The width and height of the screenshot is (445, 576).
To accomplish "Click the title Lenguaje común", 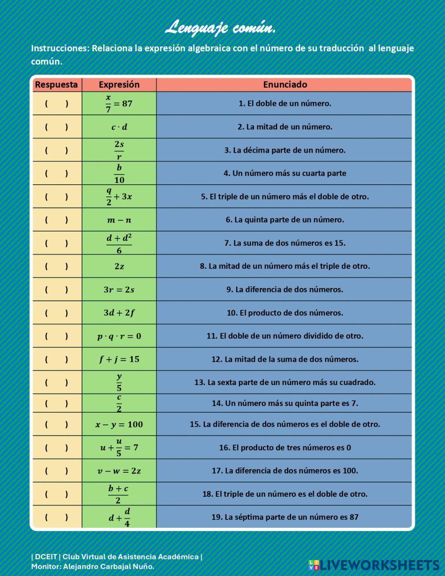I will pyautogui.click(x=221, y=28).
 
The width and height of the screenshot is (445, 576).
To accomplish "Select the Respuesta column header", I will pyautogui.click(x=56, y=85).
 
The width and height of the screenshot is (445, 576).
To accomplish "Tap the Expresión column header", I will pyautogui.click(x=119, y=85).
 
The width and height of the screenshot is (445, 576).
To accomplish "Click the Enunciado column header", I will pyautogui.click(x=285, y=85).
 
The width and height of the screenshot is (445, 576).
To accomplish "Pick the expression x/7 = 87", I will pyautogui.click(x=119, y=104).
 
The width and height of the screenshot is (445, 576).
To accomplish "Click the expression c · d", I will pyautogui.click(x=119, y=127).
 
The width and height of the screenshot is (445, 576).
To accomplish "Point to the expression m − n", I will pyautogui.click(x=119, y=220).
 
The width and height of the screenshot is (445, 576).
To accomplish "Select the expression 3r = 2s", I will pyautogui.click(x=119, y=290).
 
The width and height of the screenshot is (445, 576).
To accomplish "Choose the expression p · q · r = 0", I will pyautogui.click(x=119, y=336).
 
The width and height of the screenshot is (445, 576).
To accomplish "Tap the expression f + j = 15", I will pyautogui.click(x=119, y=359).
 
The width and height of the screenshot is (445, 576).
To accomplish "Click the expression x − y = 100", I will pyautogui.click(x=119, y=425).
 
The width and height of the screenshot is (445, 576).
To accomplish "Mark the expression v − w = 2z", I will pyautogui.click(x=119, y=471).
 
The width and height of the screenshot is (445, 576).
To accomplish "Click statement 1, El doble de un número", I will pyautogui.click(x=285, y=104).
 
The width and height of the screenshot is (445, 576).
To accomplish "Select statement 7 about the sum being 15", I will pyautogui.click(x=285, y=243).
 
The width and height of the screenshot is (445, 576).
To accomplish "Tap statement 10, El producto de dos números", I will pyautogui.click(x=285, y=313).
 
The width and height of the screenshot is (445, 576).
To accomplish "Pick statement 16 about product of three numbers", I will pyautogui.click(x=285, y=448).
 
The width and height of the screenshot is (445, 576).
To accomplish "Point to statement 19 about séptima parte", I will pyautogui.click(x=285, y=517).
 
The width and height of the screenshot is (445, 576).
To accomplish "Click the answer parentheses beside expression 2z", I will pyautogui.click(x=56, y=267).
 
